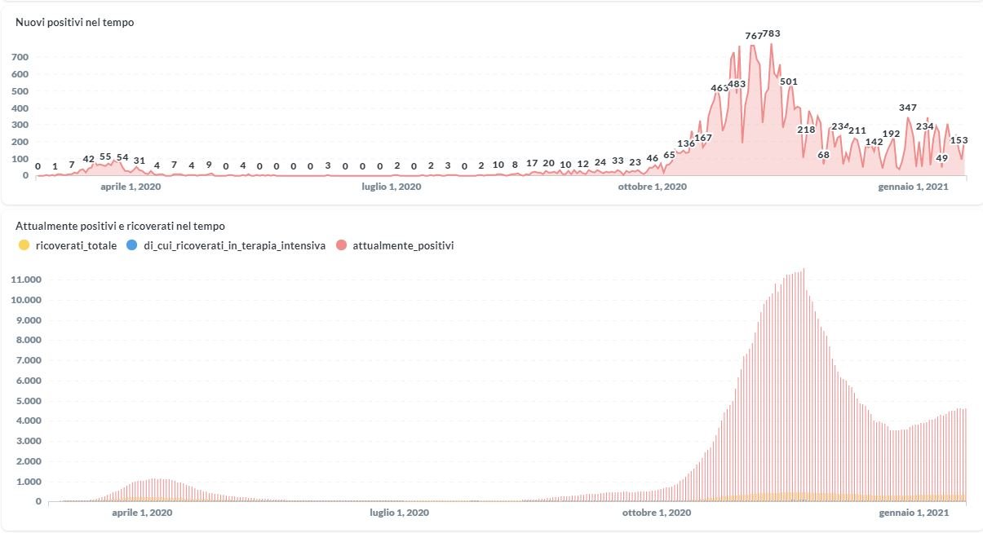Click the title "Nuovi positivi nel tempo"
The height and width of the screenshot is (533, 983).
(x=75, y=23)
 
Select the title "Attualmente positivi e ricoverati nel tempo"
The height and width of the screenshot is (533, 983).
(x=120, y=226)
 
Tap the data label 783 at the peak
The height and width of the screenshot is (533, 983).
(x=772, y=33)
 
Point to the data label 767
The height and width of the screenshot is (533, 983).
(x=754, y=36)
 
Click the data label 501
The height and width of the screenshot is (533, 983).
(x=788, y=81)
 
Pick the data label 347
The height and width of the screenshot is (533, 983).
(x=908, y=108)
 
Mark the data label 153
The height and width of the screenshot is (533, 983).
(x=959, y=140)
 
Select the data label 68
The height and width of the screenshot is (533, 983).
(x=823, y=155)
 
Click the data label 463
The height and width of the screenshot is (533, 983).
(x=720, y=88)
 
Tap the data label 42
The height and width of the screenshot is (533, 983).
(x=89, y=159)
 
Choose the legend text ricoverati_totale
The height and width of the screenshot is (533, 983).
(x=77, y=245)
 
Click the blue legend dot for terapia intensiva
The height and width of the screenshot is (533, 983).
(x=132, y=245)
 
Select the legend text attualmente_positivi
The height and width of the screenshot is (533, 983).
(x=403, y=245)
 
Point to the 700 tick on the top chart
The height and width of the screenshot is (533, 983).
(x=20, y=57)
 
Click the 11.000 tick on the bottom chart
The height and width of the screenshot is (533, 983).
(x=27, y=280)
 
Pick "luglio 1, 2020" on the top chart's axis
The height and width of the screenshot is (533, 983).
(x=391, y=187)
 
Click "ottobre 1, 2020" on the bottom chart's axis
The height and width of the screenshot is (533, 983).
(x=657, y=513)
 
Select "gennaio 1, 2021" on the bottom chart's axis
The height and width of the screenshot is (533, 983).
(x=913, y=513)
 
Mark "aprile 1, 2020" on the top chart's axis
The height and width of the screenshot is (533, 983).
(x=130, y=187)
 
